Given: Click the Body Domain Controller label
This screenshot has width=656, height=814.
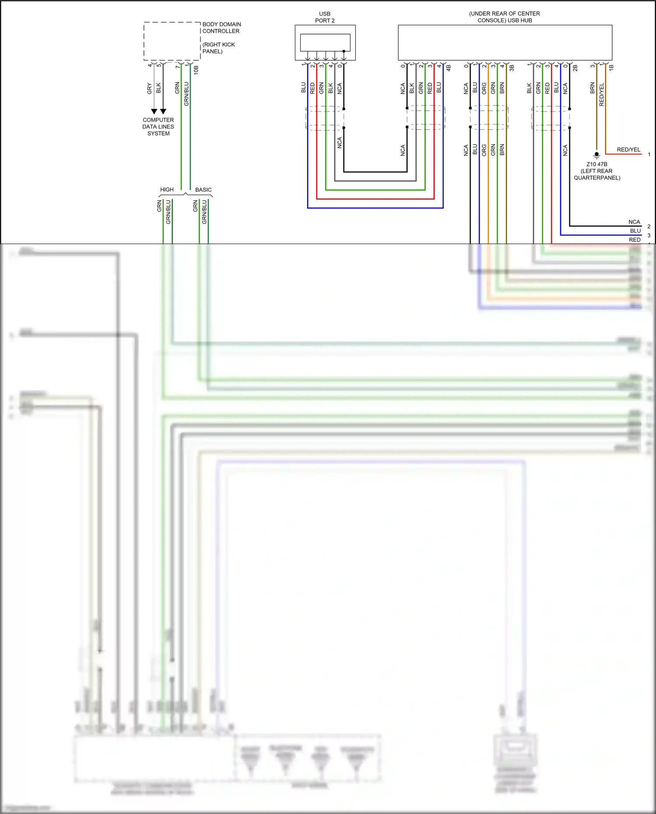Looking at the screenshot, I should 221,28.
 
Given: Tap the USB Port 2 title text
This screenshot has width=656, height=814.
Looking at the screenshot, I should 325,17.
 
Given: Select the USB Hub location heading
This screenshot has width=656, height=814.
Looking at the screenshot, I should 504,17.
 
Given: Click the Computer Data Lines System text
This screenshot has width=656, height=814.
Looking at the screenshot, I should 158,126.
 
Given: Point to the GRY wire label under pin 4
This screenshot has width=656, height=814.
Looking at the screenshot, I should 149,88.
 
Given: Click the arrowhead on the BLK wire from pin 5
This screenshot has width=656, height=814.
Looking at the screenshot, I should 163,112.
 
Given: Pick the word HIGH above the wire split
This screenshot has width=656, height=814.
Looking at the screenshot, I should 167,189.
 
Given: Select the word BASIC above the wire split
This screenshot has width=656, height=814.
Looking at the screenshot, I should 203,189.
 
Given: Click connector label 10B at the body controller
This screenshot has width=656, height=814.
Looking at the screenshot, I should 196,70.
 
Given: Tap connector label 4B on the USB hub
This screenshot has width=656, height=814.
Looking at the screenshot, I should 449,68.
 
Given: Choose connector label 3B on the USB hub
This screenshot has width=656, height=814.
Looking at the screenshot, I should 512,68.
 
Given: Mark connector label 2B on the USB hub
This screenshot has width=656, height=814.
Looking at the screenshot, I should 575,68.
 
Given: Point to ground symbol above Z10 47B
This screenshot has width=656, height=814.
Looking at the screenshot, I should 596,155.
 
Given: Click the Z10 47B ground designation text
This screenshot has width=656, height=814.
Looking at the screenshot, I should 596,164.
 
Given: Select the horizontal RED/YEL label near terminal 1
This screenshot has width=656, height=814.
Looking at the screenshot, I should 628,150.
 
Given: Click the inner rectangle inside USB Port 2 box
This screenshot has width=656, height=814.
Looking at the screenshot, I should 325,42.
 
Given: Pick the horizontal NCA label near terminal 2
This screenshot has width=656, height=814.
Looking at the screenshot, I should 634,222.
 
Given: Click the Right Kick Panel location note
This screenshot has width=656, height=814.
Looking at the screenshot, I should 218,48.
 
